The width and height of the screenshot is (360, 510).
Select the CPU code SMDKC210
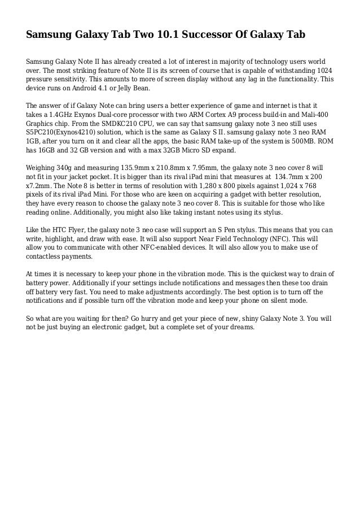point(112,124)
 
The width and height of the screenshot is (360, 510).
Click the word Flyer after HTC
point(73,230)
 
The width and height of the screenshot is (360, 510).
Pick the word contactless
point(49,256)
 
